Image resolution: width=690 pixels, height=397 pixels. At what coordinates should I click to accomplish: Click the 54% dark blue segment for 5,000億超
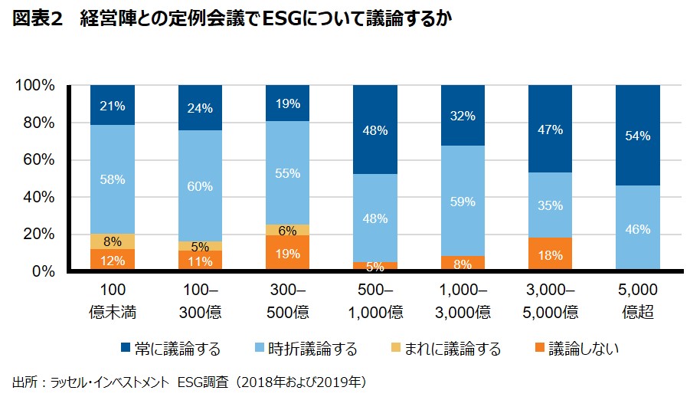tap(638, 136)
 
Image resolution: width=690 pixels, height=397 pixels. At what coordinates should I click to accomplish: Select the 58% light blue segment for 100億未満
tap(113, 179)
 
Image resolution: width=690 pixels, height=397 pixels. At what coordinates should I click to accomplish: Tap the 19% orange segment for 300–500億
tap(287, 253)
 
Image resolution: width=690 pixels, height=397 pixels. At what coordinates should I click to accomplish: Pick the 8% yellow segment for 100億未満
tap(113, 241)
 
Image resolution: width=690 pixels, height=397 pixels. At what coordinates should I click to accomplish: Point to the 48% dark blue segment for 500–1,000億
tap(375, 130)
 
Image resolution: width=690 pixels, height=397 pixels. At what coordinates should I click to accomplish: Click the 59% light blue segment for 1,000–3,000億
tap(463, 201)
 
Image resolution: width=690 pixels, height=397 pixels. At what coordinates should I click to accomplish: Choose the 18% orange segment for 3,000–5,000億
tap(550, 254)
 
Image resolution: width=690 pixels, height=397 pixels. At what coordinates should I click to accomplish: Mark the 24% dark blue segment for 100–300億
tap(200, 108)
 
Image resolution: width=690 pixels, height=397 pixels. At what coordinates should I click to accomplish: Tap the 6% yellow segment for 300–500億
tap(287, 230)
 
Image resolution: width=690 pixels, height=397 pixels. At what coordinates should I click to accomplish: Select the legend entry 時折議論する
tap(312, 349)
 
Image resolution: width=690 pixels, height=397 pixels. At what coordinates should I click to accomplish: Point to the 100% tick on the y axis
tap(35, 86)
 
